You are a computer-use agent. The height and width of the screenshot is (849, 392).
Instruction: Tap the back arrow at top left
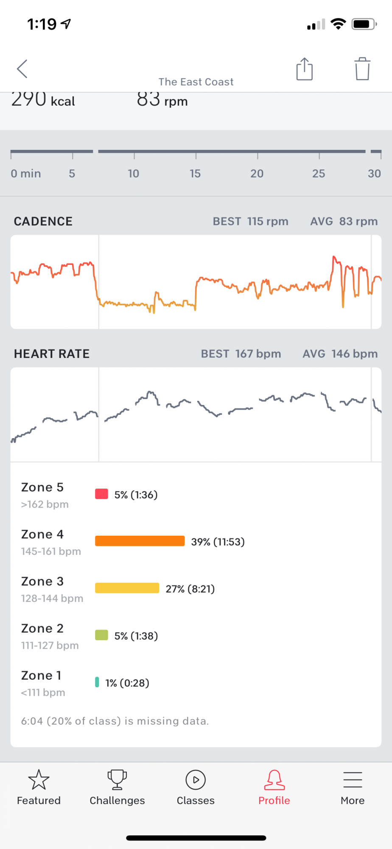(x=22, y=69)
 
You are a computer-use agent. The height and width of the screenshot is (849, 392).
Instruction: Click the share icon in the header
(x=304, y=69)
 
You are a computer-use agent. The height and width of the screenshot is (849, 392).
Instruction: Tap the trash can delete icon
(x=362, y=69)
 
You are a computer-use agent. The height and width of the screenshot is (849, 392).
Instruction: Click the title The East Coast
(x=196, y=82)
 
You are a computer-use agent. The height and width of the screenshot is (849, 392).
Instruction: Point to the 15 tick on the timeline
(x=195, y=173)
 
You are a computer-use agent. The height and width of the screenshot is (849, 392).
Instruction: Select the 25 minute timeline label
(x=319, y=173)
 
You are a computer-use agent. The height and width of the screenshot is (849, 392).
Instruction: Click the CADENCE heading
(x=43, y=221)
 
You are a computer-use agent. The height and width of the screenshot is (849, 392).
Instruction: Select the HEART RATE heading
(x=52, y=354)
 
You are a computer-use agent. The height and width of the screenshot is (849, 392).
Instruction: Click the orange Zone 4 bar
(x=140, y=541)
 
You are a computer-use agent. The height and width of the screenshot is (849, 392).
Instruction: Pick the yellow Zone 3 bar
(x=127, y=588)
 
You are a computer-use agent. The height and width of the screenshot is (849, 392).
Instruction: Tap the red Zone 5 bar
(x=101, y=494)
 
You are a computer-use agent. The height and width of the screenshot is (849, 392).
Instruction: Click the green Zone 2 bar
(x=101, y=635)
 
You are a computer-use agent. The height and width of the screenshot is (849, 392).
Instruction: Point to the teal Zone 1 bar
(x=97, y=682)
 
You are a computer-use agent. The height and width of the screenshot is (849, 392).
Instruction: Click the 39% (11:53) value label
(x=218, y=542)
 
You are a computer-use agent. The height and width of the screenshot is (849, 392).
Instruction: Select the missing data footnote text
(x=115, y=721)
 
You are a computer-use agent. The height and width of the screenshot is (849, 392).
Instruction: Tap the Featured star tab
(x=39, y=787)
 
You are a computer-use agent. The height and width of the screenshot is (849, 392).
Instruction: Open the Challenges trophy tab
(x=117, y=787)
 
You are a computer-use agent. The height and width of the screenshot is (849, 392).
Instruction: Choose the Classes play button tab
(x=196, y=787)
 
